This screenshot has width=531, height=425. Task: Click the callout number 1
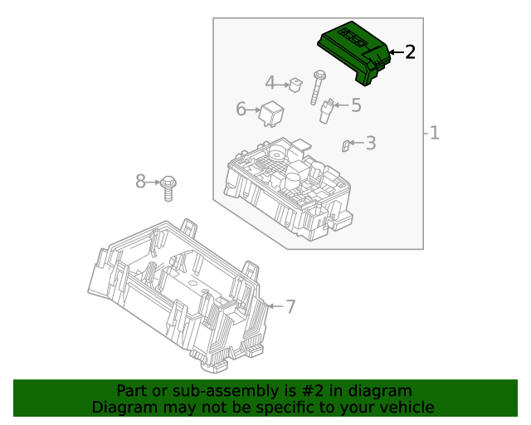pyautogui.click(x=434, y=133)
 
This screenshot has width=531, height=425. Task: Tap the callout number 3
pyautogui.click(x=370, y=143)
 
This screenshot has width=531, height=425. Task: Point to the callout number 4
pyautogui.click(x=270, y=83)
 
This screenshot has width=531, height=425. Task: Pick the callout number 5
pyautogui.click(x=356, y=105)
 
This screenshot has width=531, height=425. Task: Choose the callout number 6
pyautogui.click(x=241, y=109)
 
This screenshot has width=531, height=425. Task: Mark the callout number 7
pyautogui.click(x=290, y=306)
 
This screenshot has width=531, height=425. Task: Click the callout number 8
pyautogui.click(x=141, y=181)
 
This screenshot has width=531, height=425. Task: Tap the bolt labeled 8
pyautogui.click(x=169, y=187)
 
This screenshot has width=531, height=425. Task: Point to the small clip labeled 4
pyautogui.click(x=295, y=84)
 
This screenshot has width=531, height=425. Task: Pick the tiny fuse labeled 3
pyautogui.click(x=345, y=146)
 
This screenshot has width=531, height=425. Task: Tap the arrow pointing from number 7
pyautogui.click(x=275, y=306)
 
